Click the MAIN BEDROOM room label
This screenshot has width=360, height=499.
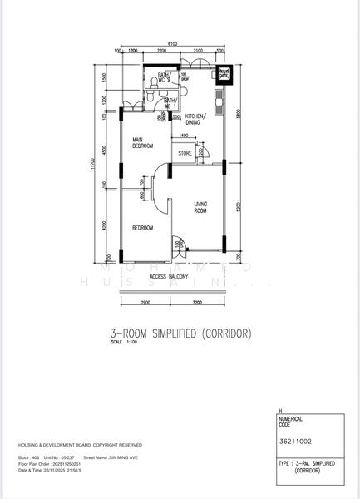coord(143,142)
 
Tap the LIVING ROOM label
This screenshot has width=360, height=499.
coord(202,207)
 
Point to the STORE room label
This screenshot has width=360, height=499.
coord(185,154)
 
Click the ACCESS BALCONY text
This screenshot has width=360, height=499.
coord(170,276)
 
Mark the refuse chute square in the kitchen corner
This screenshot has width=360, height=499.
coord(224,75)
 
